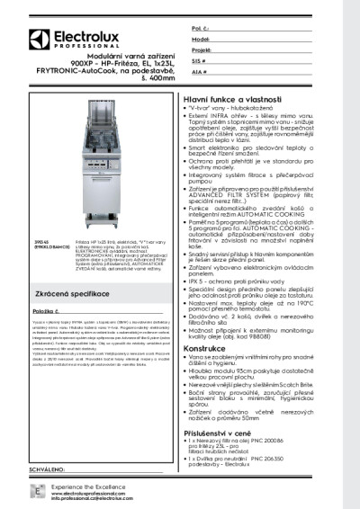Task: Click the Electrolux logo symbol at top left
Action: pos(38,39)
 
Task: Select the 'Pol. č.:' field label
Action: pos(200,30)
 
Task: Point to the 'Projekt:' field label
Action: pos(202,51)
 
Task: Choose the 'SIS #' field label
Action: pos(199,61)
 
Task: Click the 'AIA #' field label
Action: pos(199,71)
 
